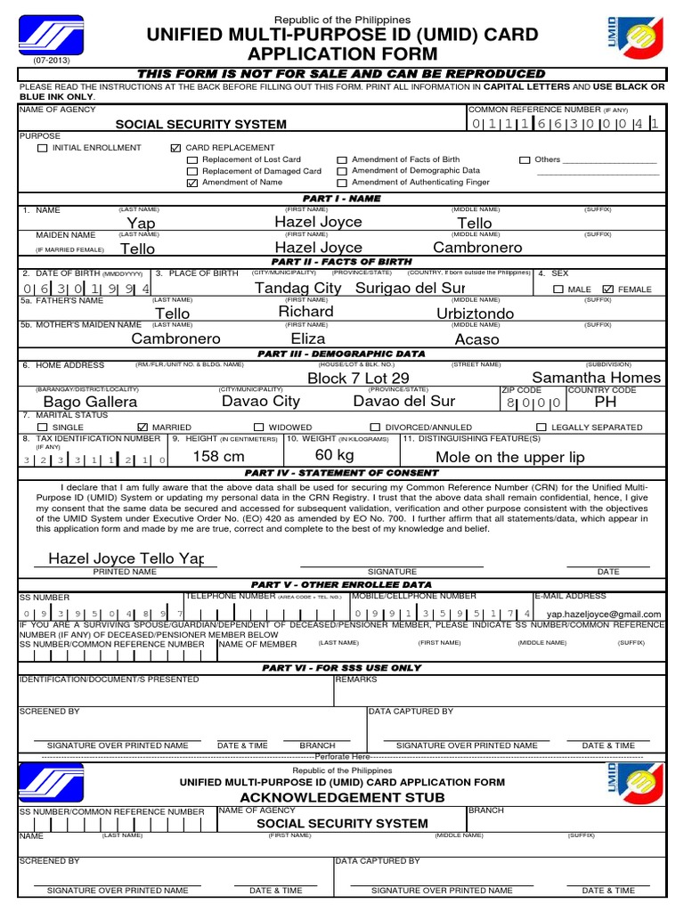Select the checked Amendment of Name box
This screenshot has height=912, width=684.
tap(191, 183)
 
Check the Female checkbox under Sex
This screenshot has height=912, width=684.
tap(608, 289)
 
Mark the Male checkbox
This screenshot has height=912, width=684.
tap(558, 289)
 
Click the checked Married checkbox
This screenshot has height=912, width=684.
tap(142, 427)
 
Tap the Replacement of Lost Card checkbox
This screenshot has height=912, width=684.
tap(191, 159)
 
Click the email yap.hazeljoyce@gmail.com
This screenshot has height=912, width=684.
tap(603, 614)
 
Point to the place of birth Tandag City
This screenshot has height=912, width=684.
tap(297, 288)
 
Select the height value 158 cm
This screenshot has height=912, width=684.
tap(218, 456)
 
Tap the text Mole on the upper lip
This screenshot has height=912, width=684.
tap(510, 457)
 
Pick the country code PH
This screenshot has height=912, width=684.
tap(605, 402)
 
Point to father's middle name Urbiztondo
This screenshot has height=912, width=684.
tap(475, 314)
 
